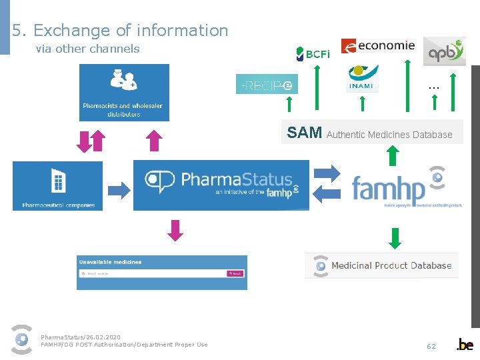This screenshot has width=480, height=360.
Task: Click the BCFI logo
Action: pos(313,53)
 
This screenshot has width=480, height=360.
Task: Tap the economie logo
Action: pos(378,45)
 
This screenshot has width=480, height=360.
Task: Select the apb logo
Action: pos(444,51)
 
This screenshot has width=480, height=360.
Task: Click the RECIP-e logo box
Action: pos(267,84)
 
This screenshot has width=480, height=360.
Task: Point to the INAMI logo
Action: pos(363,79)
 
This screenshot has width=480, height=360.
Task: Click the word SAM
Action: pos(304,132)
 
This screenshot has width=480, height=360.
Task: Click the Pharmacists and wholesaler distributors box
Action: pos(124,93)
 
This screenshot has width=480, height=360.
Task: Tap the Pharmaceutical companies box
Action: pos(57,186)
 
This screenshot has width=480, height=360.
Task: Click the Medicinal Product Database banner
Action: pos(382,265)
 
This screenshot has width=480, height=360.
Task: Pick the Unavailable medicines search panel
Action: pos(161,272)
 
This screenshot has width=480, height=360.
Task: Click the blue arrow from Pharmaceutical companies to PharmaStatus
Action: pos(119,190)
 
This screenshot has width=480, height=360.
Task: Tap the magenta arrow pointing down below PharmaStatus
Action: pos(175,230)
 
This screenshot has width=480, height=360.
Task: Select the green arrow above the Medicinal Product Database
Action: pos(395,237)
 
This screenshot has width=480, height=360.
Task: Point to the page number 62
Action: pos(431,346)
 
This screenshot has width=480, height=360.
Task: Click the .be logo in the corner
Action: pos(465,345)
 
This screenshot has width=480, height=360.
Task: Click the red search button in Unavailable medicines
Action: pos(235,273)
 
